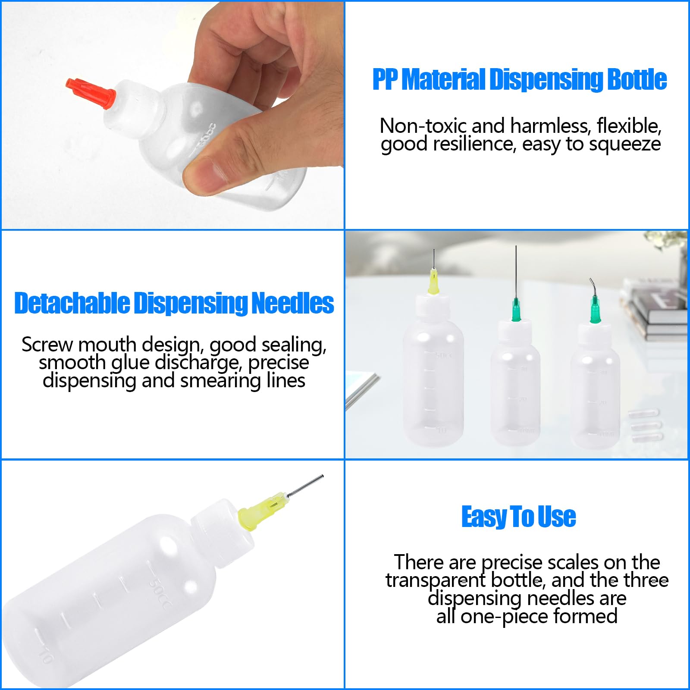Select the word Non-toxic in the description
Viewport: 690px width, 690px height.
coord(422,126)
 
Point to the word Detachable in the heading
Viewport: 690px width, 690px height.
coord(72,303)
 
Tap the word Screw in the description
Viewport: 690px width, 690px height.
coord(47,345)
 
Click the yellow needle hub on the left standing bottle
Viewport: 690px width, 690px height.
coord(433,282)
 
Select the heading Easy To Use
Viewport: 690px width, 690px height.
coord(518,517)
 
